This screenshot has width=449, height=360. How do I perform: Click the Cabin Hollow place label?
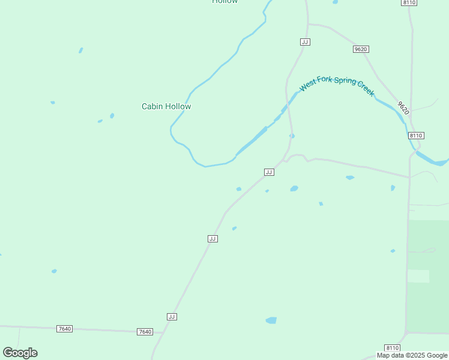pos(166,106)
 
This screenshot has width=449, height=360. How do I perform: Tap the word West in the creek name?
pos(307,85)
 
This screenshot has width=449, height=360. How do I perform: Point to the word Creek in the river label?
pos(366,88)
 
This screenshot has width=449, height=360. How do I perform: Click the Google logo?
pos(20,353)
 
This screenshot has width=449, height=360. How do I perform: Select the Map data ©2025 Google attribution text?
pos(412,355)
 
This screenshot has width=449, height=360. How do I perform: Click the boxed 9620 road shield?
pos(361,49)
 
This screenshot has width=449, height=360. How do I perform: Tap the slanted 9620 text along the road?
pos(403,107)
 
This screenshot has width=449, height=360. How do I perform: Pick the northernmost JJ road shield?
pos(305,41)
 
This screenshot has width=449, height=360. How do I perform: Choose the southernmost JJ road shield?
pos(172,316)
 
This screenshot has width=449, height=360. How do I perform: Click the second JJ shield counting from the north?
pos(269,172)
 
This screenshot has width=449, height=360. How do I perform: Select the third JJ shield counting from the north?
pos(212,238)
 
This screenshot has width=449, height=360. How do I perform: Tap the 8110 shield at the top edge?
pos(409,2)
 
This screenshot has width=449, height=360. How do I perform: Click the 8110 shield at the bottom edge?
pos(392,348)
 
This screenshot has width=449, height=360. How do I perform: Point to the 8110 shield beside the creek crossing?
pos(417,136)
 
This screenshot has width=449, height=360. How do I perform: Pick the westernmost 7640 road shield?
pos(65,329)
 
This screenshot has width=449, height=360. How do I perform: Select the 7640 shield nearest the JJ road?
pos(145,332)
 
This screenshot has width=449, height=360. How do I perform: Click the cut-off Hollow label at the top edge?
pos(225,2)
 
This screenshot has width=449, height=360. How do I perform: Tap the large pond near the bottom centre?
pos(271,320)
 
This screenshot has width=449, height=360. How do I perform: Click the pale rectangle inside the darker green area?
pos(418,276)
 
